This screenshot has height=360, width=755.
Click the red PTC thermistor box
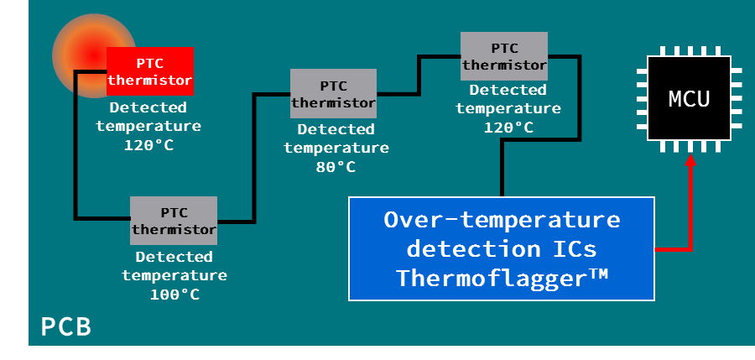click(x=150, y=71)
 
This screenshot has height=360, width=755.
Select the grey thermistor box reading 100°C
click(x=174, y=220)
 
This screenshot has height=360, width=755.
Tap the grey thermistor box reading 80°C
click(x=333, y=93)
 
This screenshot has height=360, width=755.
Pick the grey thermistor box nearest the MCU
click(x=504, y=55)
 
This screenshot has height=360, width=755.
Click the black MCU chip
click(x=690, y=99)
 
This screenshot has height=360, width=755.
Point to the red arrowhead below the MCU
click(x=690, y=162)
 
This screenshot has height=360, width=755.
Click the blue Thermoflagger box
click(x=502, y=248)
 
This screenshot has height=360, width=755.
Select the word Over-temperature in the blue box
click(x=502, y=220)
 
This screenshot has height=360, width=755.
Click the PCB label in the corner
click(x=66, y=326)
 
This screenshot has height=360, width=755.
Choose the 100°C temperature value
click(x=174, y=295)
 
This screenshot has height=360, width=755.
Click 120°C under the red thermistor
click(x=148, y=145)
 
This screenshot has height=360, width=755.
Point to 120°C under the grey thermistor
click(x=508, y=128)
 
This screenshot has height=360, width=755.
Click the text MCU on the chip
click(x=690, y=99)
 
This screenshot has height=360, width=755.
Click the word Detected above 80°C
click(x=336, y=129)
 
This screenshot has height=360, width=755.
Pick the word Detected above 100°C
click(x=174, y=257)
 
